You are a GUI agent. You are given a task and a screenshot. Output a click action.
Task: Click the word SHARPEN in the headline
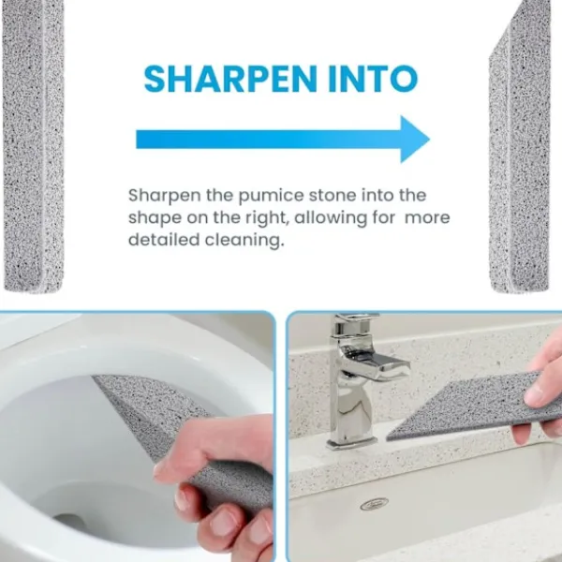click(230, 79)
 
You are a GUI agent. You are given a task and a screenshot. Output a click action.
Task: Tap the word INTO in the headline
click(373, 79)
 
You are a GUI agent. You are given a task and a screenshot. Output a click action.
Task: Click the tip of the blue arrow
click(429, 139)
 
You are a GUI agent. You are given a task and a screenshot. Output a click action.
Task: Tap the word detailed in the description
click(164, 240)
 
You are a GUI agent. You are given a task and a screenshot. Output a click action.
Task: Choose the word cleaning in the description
click(244, 240)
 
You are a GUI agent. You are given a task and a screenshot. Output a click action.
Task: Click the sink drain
click(374, 504)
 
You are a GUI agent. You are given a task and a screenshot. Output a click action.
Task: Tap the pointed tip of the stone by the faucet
click(388, 438)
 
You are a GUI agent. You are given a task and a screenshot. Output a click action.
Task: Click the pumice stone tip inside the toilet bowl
click(95, 377)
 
